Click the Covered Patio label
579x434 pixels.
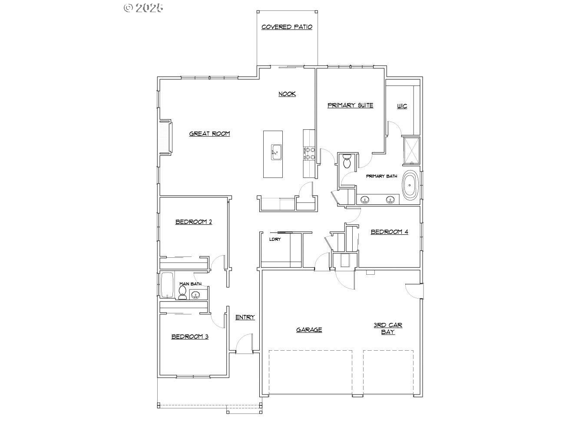click(287, 27)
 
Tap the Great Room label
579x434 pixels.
click(209, 134)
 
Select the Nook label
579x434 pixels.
click(287, 94)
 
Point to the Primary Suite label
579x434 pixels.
click(350, 105)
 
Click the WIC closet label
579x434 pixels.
click(402, 106)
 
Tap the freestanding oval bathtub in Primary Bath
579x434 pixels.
click(409, 186)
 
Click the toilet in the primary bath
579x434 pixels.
click(347, 161)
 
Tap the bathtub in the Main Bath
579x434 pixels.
click(167, 285)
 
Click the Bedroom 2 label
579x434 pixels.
click(193, 222)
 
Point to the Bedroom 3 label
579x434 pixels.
click(189, 336)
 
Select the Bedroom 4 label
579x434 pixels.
click(389, 232)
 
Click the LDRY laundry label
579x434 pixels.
click(275, 239)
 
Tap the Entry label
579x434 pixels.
click(245, 317)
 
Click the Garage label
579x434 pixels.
click(309, 330)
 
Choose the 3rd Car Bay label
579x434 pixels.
click(388, 329)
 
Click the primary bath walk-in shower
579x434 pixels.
click(411, 151)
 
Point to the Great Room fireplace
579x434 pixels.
click(165, 137)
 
